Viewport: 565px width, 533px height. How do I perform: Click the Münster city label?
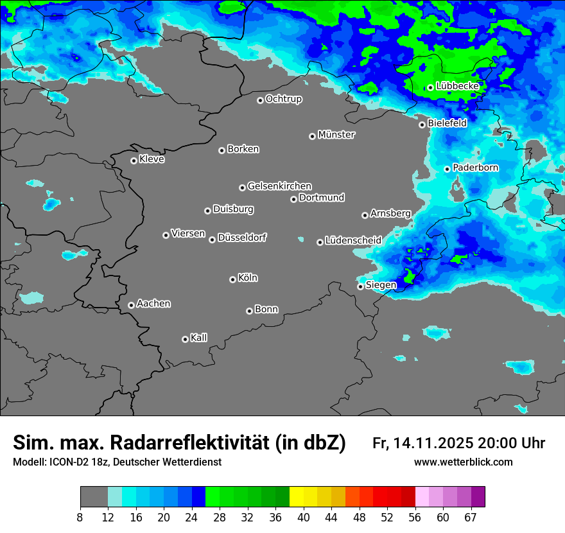point(336,135)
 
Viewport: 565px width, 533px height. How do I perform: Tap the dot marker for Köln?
point(232,279)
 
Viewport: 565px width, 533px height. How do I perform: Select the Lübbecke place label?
point(457,86)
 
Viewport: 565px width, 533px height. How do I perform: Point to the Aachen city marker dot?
point(131,305)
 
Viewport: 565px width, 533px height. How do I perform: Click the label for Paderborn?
point(475,168)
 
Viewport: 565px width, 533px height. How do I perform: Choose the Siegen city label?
point(381,285)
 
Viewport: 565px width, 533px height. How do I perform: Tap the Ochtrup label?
point(283,99)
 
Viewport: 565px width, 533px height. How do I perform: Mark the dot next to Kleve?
point(134,161)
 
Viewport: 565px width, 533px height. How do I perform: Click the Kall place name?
point(198,338)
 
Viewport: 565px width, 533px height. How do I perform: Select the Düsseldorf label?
point(241,238)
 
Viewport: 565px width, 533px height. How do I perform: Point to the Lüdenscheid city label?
point(353,241)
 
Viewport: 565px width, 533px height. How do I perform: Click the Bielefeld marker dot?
point(422,125)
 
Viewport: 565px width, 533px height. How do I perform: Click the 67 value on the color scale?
point(471,518)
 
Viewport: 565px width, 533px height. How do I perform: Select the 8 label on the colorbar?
point(80,518)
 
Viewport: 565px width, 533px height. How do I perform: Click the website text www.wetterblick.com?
point(463,462)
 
